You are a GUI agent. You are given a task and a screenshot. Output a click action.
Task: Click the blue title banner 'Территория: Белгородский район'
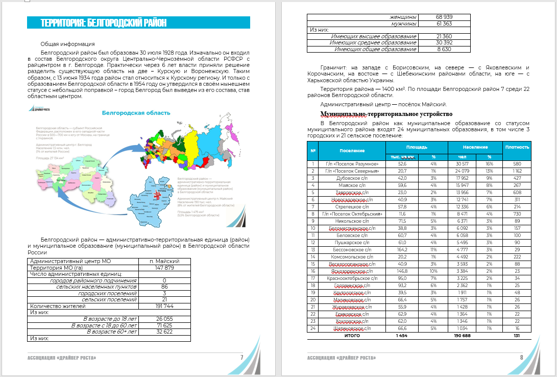[x=104, y=22]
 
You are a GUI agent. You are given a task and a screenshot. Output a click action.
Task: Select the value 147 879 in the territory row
[x=164, y=268]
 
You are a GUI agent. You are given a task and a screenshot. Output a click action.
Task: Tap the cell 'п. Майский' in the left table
[x=164, y=261]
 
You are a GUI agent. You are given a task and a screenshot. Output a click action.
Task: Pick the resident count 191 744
[x=164, y=306]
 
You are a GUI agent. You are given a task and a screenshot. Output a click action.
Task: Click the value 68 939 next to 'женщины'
[x=444, y=17]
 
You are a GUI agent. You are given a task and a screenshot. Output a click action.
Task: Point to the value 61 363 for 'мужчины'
[x=444, y=24]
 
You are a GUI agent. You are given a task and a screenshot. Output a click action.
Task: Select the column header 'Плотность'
[x=518, y=147]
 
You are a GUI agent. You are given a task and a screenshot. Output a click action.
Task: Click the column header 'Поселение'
[x=352, y=151]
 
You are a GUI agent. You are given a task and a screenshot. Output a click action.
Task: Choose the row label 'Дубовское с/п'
[x=352, y=178]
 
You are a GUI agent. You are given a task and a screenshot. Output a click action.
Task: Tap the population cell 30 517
[x=463, y=164]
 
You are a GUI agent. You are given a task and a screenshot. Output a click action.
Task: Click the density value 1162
[x=518, y=171]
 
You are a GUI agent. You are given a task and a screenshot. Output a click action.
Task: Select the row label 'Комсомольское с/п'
[x=352, y=257]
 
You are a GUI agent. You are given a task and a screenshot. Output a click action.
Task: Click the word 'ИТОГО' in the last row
[x=352, y=336]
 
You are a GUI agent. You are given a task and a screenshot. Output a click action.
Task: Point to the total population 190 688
[x=463, y=336]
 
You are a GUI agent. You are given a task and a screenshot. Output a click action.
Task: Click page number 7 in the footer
[x=241, y=357]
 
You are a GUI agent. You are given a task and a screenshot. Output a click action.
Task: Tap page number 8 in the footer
[x=521, y=357]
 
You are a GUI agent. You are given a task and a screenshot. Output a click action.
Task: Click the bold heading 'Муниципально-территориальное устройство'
[x=386, y=113]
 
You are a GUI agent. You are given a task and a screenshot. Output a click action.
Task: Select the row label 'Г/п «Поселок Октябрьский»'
[x=352, y=214]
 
